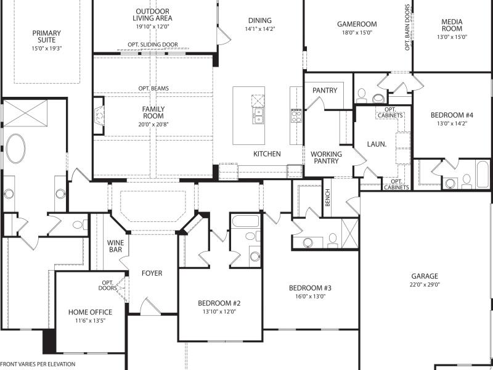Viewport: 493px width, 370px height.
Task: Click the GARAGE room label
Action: pos(425,276)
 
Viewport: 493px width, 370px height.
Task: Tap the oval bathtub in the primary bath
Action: pos(16,149)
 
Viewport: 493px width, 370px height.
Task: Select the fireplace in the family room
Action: pos(99,116)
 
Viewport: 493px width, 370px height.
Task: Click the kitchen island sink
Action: pos(258,115)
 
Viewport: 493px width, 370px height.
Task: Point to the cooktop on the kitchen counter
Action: pos(296,116)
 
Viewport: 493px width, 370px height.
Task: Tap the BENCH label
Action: pos(328,197)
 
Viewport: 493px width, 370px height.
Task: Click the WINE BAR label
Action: pos(115,246)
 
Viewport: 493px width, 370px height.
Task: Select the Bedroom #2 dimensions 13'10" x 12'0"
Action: pos(219,312)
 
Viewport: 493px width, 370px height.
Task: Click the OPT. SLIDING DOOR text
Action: pos(153,44)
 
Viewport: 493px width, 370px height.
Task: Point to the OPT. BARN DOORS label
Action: pos(408,27)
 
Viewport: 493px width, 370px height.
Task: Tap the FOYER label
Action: pos(152,273)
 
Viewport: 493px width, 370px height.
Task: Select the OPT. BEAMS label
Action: pos(153,88)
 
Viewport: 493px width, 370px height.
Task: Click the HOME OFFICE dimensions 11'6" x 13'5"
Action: pos(90,321)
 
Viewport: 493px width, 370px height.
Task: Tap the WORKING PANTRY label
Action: pos(326,157)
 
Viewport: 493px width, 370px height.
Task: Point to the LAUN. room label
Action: pos(377,144)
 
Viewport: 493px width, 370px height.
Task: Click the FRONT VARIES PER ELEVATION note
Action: pos(38,364)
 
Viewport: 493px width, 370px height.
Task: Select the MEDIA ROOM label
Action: pos(452,25)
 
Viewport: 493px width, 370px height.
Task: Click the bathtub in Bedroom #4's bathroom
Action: pos(483,174)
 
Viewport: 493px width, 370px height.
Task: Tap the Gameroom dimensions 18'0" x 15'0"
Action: pos(357,33)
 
